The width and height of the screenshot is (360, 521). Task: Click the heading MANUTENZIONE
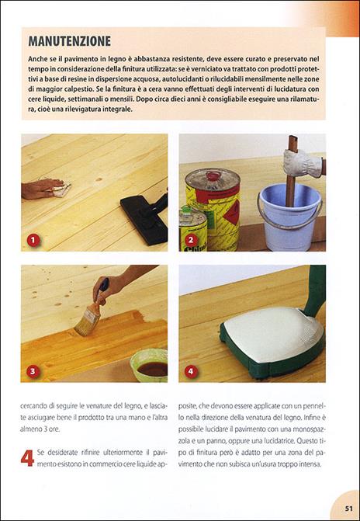coord(69,40)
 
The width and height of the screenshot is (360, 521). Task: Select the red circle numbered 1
coord(33,240)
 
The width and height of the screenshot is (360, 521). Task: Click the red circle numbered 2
coord(191,240)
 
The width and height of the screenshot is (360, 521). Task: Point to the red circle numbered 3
coord(33,371)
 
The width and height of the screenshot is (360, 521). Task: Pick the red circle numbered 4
coord(191,371)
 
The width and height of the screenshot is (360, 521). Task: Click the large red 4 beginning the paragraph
coord(26,457)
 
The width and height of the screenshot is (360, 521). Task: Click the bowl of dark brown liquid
coord(150,364)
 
